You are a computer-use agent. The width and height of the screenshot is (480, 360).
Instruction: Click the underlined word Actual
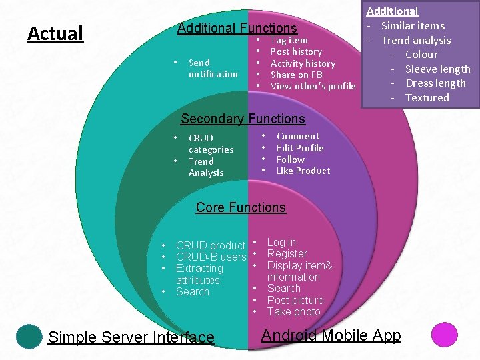coord(55,33)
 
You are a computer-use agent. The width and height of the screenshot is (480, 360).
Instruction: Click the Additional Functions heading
coord(237,28)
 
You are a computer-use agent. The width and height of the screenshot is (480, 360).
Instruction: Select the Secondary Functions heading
coord(243,119)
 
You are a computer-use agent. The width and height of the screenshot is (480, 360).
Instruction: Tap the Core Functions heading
coord(241,207)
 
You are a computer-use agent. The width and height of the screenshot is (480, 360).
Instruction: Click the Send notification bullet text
coord(213,68)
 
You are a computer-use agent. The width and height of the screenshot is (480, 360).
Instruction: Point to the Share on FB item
coord(296,75)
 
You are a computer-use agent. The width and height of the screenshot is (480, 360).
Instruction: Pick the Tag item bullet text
coord(289,40)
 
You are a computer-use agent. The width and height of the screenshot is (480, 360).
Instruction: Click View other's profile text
coord(313,86)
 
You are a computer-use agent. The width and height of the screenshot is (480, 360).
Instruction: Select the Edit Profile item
coord(299,148)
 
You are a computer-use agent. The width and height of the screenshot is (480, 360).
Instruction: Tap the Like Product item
coord(303,171)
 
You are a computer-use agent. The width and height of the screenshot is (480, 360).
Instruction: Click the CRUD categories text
coord(211,143)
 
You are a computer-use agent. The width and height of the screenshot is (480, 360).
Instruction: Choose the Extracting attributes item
coord(199,274)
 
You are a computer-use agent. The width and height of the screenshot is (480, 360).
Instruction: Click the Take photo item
coord(293,311)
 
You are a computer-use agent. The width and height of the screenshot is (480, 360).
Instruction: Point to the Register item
coord(287,253)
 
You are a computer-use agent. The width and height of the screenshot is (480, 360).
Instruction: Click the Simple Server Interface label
coord(131,337)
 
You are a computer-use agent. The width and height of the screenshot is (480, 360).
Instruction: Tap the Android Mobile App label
coord(331,335)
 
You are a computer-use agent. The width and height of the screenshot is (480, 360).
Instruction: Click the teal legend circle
coord(29,336)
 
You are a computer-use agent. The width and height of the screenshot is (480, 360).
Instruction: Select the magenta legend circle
coord(444,335)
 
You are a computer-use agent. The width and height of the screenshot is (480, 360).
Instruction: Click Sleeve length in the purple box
coord(437,69)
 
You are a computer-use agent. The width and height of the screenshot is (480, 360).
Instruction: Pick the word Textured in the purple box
coord(427,97)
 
